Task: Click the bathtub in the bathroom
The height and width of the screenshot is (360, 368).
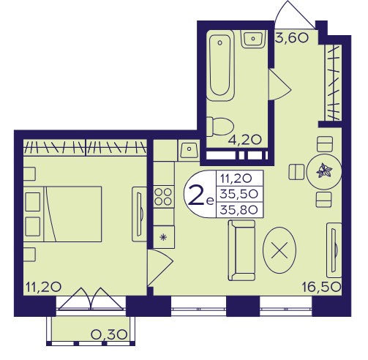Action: [220, 65]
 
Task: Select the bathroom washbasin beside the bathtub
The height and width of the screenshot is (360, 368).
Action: [253, 39]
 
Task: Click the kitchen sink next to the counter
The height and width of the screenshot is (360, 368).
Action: [189, 150]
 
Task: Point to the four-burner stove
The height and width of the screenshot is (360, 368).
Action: [164, 197]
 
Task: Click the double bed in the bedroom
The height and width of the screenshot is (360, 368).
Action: [63, 214]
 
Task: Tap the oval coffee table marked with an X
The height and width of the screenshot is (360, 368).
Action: [279, 250]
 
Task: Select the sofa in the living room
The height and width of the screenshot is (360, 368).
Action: [241, 250]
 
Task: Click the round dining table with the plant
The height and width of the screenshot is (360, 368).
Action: [323, 171]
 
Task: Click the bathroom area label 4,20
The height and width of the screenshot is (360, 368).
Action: [244, 140]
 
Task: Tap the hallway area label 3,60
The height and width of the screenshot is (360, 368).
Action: [292, 38]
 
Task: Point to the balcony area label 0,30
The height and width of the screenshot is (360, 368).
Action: [109, 334]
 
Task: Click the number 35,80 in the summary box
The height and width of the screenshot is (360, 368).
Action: [239, 210]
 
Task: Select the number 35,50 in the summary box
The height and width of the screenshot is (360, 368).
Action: [239, 195]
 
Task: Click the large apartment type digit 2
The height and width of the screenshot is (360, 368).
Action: [196, 195]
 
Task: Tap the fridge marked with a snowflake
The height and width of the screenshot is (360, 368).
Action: [164, 237]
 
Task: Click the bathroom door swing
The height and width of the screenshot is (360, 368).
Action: [279, 85]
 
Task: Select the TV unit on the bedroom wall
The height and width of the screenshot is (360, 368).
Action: [139, 214]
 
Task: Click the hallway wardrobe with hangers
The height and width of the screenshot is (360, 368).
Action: [333, 83]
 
